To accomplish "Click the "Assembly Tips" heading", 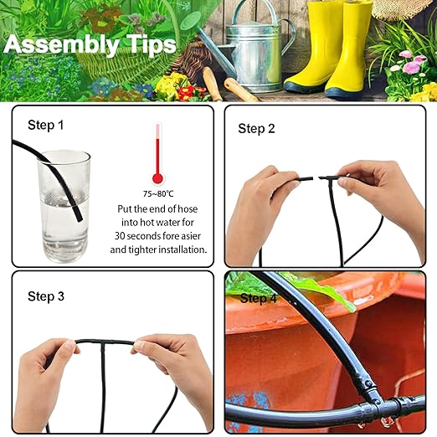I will pos(90,44).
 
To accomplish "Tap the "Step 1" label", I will pos(45,126).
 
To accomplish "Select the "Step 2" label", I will pos(256,128).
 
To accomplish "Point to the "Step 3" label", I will pos(45,296).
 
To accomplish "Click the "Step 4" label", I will pos(258,298).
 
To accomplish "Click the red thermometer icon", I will pos(157,154).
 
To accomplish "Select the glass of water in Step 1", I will pos(64,205).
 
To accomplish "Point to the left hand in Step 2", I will pos(255,209).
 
